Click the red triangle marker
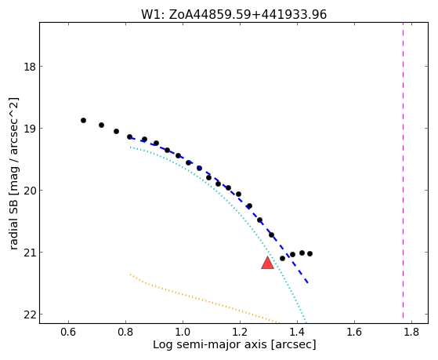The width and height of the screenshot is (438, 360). [267, 263]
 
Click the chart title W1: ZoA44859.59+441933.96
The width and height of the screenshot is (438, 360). [233, 14]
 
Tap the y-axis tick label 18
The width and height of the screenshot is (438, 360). [28, 67]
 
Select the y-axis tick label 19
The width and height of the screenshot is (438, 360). [28, 129]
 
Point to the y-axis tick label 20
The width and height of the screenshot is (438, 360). [28, 191]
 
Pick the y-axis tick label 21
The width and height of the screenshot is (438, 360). [28, 253]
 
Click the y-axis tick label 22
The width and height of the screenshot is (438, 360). [28, 315]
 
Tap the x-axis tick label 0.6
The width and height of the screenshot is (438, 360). [68, 333]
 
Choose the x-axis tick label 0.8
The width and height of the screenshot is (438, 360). [125, 333]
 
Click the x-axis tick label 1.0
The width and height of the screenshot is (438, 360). [183, 333]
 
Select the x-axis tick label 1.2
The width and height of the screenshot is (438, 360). [240, 333]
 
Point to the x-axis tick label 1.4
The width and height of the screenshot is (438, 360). [297, 333]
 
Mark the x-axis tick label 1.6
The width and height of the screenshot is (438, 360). [354, 333]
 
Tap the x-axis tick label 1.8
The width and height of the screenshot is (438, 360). [411, 333]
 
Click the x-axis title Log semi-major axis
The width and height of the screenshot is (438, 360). [209, 345]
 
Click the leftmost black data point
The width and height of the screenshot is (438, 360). [83, 121]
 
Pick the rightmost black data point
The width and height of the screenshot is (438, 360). [309, 253]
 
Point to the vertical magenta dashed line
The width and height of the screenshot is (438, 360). [403, 170]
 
